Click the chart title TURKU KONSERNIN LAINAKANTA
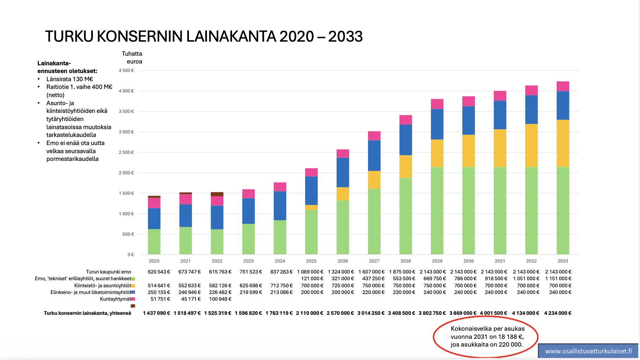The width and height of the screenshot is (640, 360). [203, 36]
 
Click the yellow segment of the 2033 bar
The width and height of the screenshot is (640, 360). [563, 143]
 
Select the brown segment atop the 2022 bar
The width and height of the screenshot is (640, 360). [217, 194]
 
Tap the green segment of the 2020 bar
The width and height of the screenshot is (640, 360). [154, 242]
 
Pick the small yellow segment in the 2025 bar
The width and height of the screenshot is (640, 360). [311, 208]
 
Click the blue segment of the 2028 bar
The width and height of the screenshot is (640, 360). [405, 140]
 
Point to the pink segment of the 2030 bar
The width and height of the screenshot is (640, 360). [468, 101]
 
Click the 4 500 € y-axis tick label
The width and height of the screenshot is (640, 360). [126, 71]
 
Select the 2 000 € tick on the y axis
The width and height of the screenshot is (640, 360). [126, 173]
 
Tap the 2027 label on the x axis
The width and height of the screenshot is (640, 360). [374, 261]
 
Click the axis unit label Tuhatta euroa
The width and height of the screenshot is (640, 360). [132, 58]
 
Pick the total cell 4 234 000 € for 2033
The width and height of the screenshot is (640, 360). [557, 313]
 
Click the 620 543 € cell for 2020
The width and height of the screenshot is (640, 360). [159, 272]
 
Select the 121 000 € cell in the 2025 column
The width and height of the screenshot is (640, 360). [312, 278]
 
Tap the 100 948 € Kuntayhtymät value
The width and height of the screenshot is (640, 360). [220, 299]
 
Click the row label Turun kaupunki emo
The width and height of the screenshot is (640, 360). [108, 272]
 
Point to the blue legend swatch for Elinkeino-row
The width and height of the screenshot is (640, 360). [133, 292]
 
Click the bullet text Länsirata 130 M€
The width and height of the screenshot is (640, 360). [70, 79]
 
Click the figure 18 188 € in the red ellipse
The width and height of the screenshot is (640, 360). [511, 337]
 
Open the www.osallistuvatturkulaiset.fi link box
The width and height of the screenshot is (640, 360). [588, 351]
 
